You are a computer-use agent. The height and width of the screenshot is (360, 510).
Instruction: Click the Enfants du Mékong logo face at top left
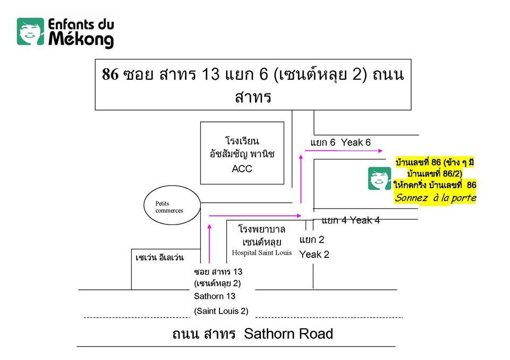tap(30, 31)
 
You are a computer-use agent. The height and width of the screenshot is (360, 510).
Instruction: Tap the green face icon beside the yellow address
tap(380, 179)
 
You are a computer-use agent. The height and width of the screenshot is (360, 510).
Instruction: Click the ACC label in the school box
tap(242, 169)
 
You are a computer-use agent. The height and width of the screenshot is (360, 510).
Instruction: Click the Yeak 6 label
tap(355, 143)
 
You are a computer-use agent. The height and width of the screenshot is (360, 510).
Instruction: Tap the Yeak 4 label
tap(364, 220)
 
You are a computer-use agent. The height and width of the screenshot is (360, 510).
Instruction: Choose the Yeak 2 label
tap(314, 254)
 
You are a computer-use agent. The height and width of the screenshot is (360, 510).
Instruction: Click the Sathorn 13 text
tap(215, 296)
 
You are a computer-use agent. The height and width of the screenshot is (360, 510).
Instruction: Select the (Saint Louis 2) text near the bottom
tap(221, 311)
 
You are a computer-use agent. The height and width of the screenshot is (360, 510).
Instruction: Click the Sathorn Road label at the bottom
tap(288, 334)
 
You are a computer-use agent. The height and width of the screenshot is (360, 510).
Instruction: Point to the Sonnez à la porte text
tap(435, 198)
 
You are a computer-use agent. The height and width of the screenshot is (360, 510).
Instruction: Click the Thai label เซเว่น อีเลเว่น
tap(159, 258)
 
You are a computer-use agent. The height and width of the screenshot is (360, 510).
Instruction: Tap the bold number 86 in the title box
tap(110, 74)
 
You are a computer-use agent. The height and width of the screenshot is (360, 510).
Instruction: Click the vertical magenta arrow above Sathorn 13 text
tap(209, 245)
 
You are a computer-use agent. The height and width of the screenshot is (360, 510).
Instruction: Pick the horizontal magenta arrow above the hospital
tap(255, 215)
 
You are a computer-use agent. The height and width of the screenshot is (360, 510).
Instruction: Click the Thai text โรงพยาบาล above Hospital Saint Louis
tap(262, 230)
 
